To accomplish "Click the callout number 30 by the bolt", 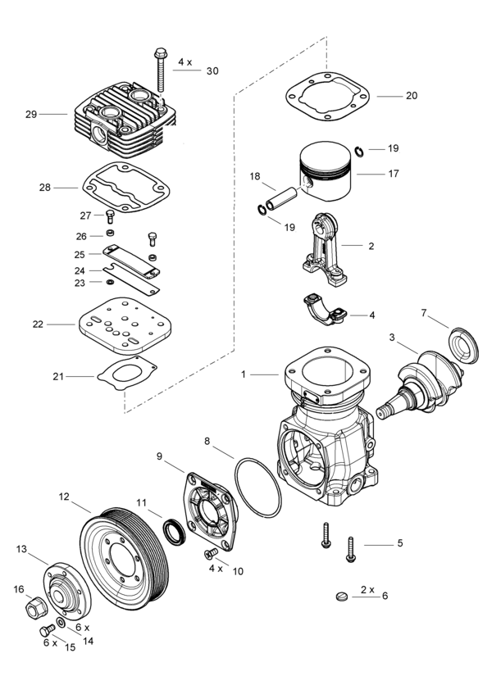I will tap(212, 71).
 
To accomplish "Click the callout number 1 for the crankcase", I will tap(244, 374).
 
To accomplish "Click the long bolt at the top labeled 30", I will tap(160, 70).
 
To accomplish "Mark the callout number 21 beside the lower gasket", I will tap(58, 376).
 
